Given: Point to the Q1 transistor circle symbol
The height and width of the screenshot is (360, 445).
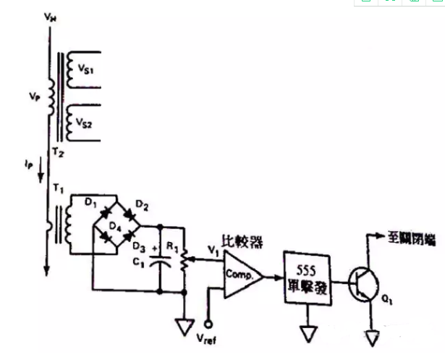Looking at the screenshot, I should (x=363, y=283).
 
